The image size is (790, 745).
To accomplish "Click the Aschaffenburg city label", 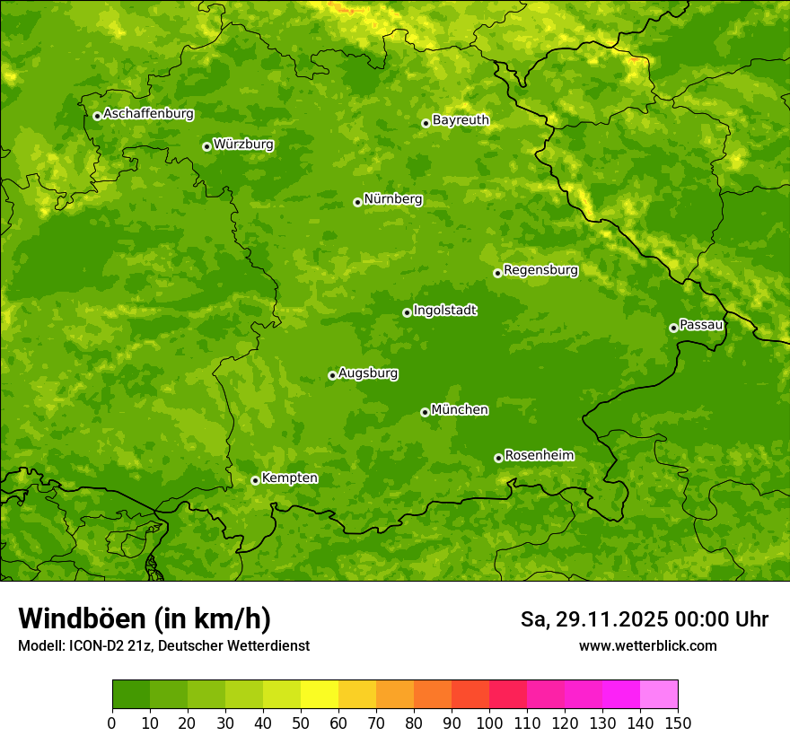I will (x=148, y=114).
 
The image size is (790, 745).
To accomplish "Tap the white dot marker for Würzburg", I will (x=206, y=146).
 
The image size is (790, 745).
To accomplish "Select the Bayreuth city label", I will (x=461, y=120).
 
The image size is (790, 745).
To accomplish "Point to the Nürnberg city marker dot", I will (x=357, y=202).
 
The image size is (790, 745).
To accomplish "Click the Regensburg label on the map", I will (x=540, y=270).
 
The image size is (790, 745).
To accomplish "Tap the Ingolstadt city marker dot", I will (x=407, y=312).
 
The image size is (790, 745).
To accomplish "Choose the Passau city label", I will (x=701, y=325).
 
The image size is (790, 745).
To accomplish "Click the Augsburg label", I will (x=368, y=373).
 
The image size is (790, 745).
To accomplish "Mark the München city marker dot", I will (x=425, y=412).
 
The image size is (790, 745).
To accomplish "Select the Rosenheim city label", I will (x=539, y=456).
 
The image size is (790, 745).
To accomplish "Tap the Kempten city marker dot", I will (x=255, y=480).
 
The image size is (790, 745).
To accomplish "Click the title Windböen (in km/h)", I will (x=145, y=618).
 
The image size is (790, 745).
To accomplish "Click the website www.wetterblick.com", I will (x=647, y=645).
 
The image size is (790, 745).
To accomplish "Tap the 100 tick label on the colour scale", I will (x=489, y=723).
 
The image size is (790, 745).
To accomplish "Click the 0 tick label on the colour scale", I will (x=112, y=723).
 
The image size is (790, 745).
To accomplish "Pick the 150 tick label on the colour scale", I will (x=678, y=723).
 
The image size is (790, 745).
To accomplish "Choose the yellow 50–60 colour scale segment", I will (x=320, y=695).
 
